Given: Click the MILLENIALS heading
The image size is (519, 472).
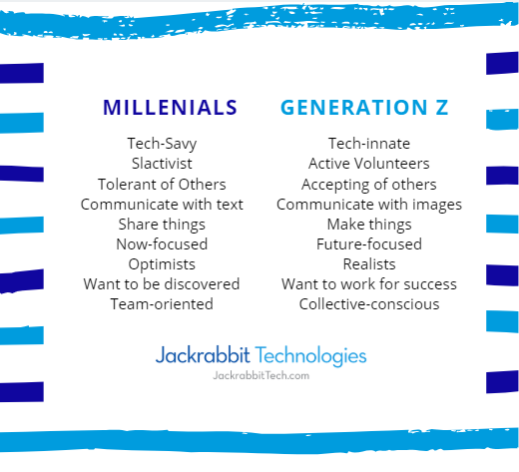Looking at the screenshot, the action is [x=170, y=108].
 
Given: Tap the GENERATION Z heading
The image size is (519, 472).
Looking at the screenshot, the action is [x=364, y=108].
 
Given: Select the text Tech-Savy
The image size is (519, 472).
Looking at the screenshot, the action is [x=162, y=144].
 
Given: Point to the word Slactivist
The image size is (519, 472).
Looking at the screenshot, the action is [x=162, y=164].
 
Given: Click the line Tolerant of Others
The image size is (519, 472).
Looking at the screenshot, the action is [x=162, y=184].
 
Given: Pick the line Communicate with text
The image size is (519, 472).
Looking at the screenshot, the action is [x=162, y=205].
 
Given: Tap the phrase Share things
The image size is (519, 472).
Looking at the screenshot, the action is [x=162, y=225].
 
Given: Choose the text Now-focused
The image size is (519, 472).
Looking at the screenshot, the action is [x=162, y=244].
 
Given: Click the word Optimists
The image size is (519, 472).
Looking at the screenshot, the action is [x=162, y=264].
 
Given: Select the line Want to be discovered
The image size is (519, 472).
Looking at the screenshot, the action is [x=162, y=284].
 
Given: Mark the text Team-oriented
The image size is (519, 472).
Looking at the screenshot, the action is [x=162, y=304].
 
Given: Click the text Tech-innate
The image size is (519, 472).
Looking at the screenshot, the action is [x=369, y=144].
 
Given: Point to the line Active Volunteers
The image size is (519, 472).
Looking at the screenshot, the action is [x=369, y=164].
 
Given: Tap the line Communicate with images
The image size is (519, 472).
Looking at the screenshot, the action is [x=369, y=205].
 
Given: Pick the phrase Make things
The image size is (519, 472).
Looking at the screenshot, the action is [x=369, y=225].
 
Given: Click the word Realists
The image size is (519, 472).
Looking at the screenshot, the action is [x=369, y=264].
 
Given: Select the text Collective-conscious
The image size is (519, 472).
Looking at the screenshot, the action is [x=369, y=304].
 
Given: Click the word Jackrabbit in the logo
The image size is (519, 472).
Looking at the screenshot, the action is [x=203, y=354].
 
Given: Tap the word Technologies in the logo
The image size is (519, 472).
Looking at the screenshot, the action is [x=310, y=356].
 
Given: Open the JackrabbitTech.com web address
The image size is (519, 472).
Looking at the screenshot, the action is [x=261, y=375].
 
